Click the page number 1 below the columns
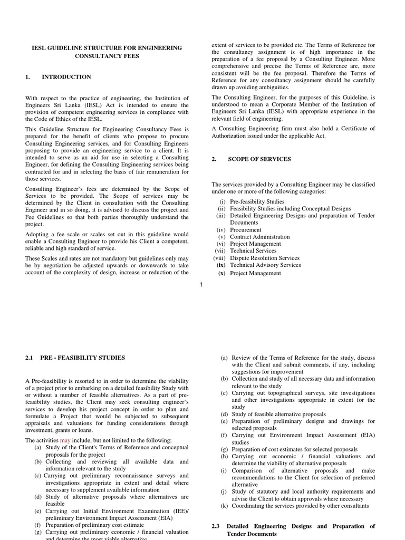[x=201, y=285]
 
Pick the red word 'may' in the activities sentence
[x=65, y=440]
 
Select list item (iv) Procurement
[x=245, y=230]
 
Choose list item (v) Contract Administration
[x=259, y=237]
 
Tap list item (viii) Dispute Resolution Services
[x=264, y=258]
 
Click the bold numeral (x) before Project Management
[x=222, y=273]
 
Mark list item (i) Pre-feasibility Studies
[x=257, y=201]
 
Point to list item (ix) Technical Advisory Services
[x=265, y=265]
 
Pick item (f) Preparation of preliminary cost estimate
[x=94, y=525]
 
